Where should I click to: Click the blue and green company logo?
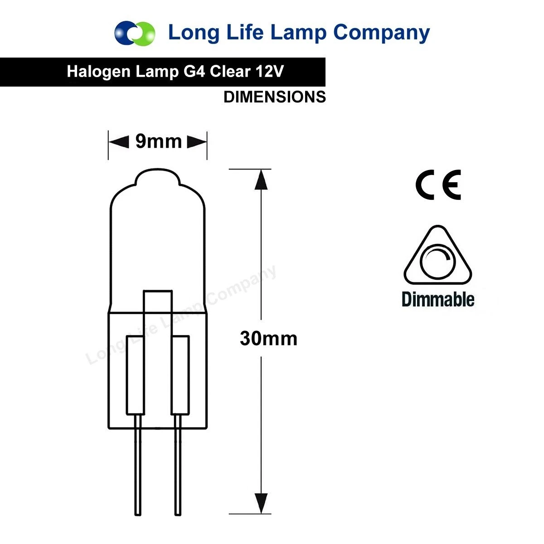point(135,33)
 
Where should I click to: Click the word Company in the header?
point(381,33)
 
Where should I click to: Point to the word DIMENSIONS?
point(275,97)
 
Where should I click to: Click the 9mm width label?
point(159,142)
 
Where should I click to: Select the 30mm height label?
point(268,339)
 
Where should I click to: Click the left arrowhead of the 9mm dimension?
point(119,142)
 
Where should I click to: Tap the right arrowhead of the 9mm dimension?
point(197,142)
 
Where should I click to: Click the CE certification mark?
point(438,185)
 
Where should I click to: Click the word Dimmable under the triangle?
point(438,300)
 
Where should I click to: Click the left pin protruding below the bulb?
point(138,467)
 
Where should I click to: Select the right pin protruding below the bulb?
point(178,467)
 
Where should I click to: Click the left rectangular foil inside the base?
point(135,375)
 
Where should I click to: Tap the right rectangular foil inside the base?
point(180,375)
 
